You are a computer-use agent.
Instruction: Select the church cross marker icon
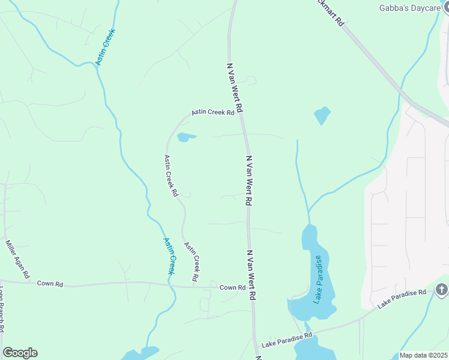pos(442,290)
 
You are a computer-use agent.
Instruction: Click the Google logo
pos(20,353)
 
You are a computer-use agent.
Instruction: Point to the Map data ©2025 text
pos(423,355)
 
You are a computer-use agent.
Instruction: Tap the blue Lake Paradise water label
pos(318,279)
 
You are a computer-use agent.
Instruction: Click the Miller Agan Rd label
pos(18,259)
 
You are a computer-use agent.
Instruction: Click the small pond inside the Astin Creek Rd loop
pos(186,137)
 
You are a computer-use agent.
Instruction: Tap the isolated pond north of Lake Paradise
pos(322,115)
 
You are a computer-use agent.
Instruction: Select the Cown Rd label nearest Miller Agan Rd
pos(50,283)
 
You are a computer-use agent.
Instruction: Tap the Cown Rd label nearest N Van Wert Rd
pos(232,287)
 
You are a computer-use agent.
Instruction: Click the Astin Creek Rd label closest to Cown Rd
pos(191,262)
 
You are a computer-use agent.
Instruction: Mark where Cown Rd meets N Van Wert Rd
pos(252,287)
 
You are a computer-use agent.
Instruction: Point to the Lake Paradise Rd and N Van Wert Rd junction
pos(257,343)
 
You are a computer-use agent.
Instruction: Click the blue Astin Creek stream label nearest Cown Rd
pos(170,256)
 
